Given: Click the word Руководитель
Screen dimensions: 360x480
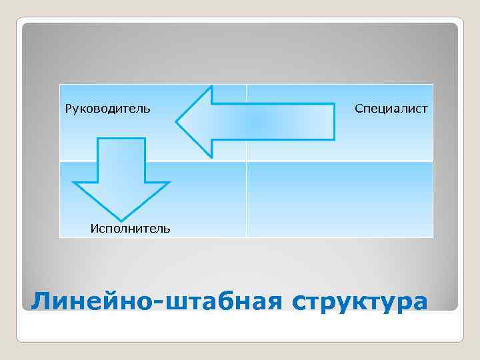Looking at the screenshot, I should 107,108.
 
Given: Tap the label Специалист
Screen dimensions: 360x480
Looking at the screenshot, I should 391,108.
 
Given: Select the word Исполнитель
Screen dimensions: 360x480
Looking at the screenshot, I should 130,229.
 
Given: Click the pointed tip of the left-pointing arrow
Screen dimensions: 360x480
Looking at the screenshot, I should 177,122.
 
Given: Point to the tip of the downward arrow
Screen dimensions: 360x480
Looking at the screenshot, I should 121,219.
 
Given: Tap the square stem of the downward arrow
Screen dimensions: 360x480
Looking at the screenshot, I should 121,160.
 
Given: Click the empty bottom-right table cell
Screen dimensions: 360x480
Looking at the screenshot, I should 339,199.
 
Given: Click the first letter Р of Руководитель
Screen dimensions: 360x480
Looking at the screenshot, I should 68,108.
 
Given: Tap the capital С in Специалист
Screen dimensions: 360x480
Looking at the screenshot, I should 359,108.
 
